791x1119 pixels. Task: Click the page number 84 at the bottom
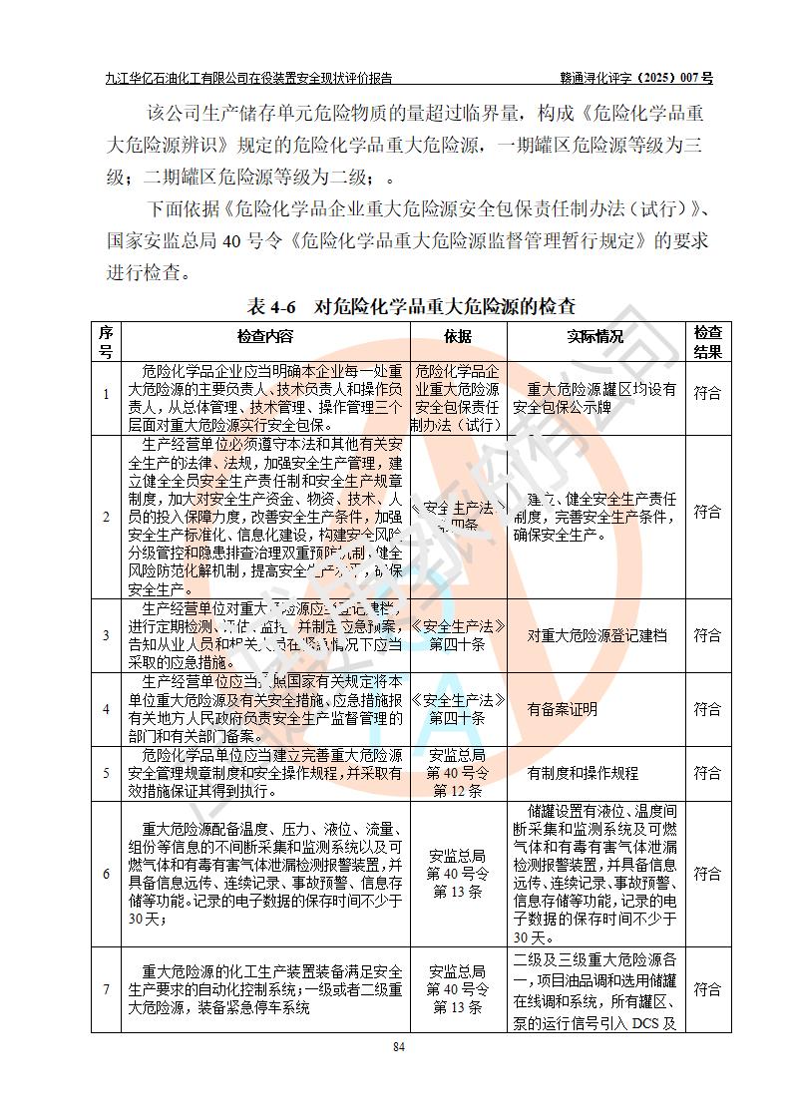coord(398,1046)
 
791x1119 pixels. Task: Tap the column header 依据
coord(457,337)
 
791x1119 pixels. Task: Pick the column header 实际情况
coord(594,337)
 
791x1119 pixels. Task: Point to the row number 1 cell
coord(107,394)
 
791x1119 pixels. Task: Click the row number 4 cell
coord(107,709)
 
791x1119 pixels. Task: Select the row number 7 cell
coord(107,989)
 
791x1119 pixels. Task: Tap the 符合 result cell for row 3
coord(707,635)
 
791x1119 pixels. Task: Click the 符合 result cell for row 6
coord(707,874)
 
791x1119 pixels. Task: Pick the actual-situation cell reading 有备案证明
coord(562,709)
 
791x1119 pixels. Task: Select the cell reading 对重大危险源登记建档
coord(596,635)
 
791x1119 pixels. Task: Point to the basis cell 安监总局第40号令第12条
coord(457,773)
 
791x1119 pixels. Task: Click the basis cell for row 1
coord(457,394)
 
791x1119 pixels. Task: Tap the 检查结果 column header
coord(707,341)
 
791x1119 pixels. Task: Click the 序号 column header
coord(107,341)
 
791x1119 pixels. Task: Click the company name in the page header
coord(248,78)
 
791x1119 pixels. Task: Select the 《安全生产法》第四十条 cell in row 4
coord(457,709)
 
